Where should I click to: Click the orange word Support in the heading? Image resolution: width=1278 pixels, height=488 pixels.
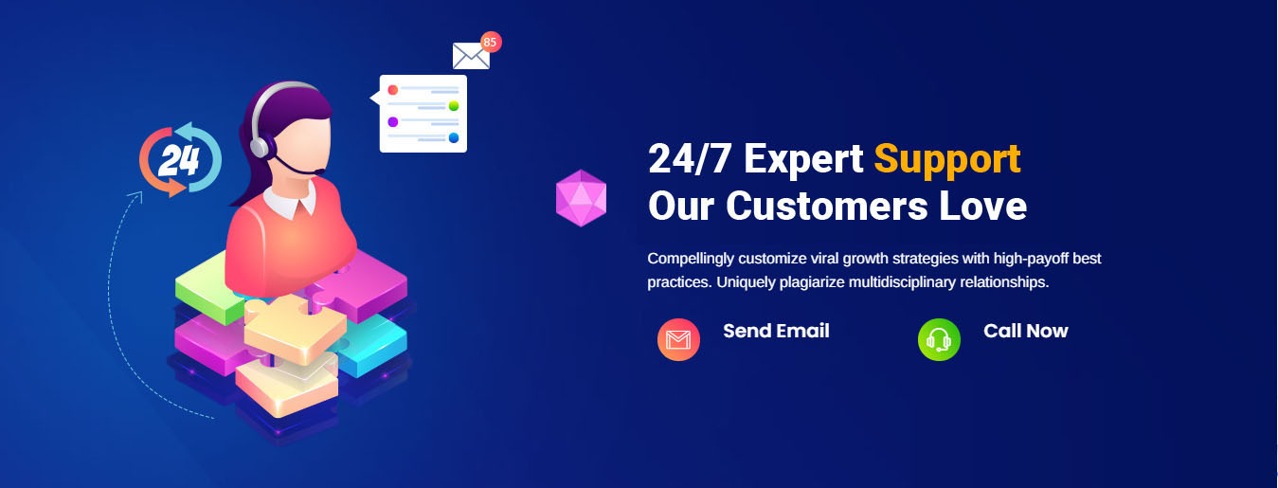(x=947, y=160)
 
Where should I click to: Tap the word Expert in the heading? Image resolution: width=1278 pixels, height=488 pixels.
(x=803, y=160)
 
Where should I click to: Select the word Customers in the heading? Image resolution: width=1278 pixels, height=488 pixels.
(x=827, y=206)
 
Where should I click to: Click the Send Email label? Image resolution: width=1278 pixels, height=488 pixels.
(x=776, y=331)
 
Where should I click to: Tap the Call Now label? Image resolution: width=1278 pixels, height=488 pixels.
(x=1025, y=331)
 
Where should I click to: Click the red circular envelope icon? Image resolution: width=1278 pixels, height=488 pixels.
(x=678, y=339)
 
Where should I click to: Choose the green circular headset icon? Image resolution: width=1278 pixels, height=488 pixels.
(x=939, y=339)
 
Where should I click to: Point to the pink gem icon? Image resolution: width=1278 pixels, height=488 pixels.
(x=582, y=198)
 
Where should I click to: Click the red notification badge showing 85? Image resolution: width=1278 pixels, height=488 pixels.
(x=490, y=43)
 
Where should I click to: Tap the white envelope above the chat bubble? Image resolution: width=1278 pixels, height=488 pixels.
(x=471, y=56)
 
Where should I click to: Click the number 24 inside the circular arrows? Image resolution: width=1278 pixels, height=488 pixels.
(x=179, y=160)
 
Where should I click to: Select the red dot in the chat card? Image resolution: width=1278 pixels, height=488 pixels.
(x=392, y=90)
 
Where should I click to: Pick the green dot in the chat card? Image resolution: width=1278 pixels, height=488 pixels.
(x=454, y=105)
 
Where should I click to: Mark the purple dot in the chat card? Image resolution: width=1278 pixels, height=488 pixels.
(x=392, y=121)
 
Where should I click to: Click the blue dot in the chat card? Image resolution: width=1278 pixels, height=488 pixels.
(x=454, y=137)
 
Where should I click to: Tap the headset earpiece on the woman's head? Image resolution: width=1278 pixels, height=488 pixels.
(x=261, y=147)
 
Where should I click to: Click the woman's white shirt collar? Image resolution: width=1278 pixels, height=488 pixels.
(x=291, y=202)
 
